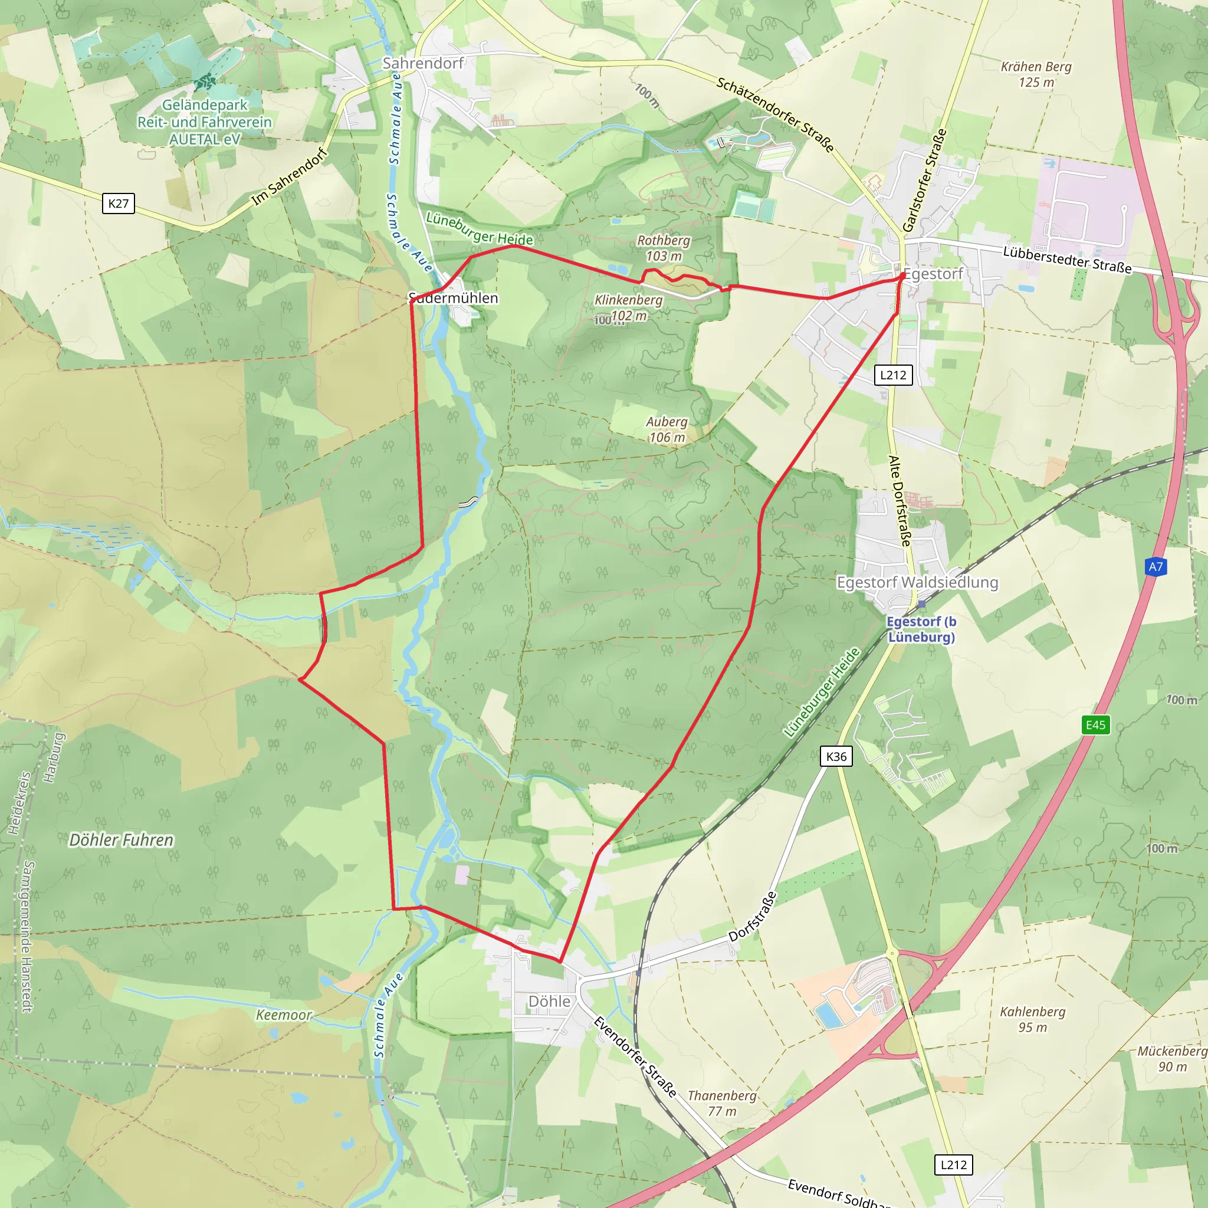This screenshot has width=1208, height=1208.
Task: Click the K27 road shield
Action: tap(118, 203)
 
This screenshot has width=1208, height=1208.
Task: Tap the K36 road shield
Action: tap(836, 757)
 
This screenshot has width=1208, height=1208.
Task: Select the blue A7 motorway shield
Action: tap(1156, 567)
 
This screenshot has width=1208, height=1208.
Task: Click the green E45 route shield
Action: tap(1095, 726)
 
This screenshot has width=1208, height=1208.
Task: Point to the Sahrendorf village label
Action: tap(424, 63)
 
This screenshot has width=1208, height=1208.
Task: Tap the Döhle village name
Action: tap(549, 1002)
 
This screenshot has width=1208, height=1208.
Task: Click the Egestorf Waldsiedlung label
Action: tap(917, 583)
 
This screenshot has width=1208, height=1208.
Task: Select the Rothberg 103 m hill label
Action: tap(664, 248)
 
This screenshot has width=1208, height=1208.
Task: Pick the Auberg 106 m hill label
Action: tap(667, 429)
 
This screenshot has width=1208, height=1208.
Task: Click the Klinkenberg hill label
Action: tap(628, 301)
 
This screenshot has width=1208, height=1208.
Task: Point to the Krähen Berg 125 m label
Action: tap(1036, 74)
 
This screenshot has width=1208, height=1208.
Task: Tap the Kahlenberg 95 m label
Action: tap(1032, 1019)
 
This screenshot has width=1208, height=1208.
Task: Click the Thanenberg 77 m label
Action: tap(722, 1104)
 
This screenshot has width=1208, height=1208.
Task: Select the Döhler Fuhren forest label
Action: tap(122, 840)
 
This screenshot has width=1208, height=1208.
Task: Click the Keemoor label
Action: tap(284, 1015)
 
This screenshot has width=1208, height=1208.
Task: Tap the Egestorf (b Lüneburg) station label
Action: tap(921, 629)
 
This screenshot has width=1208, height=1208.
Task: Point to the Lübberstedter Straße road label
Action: tap(1066, 260)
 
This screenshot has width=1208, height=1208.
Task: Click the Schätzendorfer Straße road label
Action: tap(775, 114)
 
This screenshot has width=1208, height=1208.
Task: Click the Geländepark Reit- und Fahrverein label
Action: tap(205, 122)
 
